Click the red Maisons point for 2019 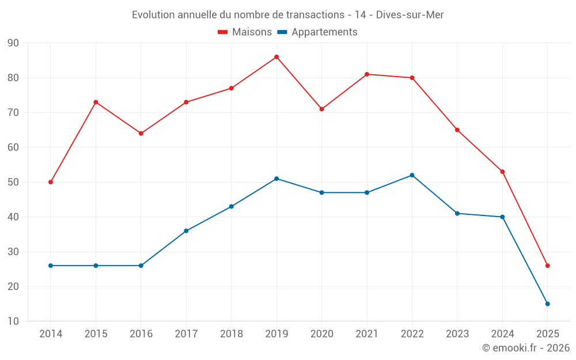tap(276, 57)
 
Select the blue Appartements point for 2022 tap(412, 175)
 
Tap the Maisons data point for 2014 tap(51, 182)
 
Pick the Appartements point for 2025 tap(547, 304)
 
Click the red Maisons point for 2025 tap(547, 266)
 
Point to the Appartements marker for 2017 tap(186, 231)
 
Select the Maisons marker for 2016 tap(141, 134)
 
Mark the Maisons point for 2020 tap(321, 109)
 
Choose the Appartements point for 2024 tap(502, 217)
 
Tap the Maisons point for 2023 tap(457, 130)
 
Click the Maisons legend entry tap(245, 32)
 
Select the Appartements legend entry tap(317, 32)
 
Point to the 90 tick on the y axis tap(13, 43)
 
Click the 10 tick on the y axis tap(13, 321)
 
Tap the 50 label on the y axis tap(13, 182)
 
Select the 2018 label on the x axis tap(231, 334)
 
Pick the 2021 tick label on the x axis tap(367, 334)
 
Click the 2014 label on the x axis tap(51, 334)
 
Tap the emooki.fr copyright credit tap(525, 348)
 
